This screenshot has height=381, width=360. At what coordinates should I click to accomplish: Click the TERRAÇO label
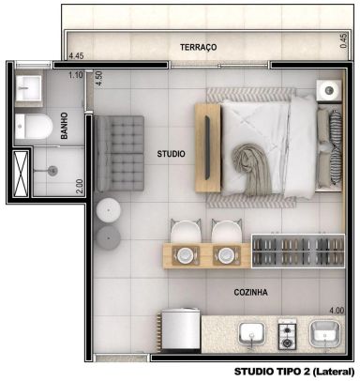pyautogui.click(x=198, y=47)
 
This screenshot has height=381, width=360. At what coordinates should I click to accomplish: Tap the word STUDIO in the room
pyautogui.click(x=171, y=154)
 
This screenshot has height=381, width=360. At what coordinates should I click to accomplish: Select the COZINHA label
pyautogui.click(x=250, y=292)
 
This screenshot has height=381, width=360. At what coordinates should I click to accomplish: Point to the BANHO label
pyautogui.click(x=65, y=126)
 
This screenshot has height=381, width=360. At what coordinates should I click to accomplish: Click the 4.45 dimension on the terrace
pyautogui.click(x=76, y=56)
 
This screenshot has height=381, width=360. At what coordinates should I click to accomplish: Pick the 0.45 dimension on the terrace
pyautogui.click(x=343, y=40)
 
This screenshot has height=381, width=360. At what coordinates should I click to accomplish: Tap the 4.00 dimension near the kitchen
pyautogui.click(x=337, y=311)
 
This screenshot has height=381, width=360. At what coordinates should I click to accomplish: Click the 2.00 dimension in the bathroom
pyautogui.click(x=80, y=186)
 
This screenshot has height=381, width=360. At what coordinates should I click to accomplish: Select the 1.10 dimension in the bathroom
pyautogui.click(x=76, y=75)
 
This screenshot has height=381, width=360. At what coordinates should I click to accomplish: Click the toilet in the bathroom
pyautogui.click(x=34, y=127)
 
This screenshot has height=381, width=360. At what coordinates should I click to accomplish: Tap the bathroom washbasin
pyautogui.click(x=28, y=88)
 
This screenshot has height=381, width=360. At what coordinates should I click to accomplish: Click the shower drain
pyautogui.click(x=53, y=171)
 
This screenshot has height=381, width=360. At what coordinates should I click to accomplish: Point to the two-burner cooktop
pyautogui.click(x=287, y=335)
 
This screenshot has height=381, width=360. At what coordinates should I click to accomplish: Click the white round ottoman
pyautogui.click(x=109, y=210)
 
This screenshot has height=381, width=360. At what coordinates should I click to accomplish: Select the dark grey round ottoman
pyautogui.click(x=108, y=237)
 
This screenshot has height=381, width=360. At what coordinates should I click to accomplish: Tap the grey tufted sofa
pyautogui.click(x=119, y=153)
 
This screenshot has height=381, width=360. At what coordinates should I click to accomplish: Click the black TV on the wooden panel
pyautogui.click(x=207, y=147)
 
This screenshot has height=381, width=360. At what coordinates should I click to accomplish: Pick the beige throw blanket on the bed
pyautogui.click(x=251, y=169)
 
